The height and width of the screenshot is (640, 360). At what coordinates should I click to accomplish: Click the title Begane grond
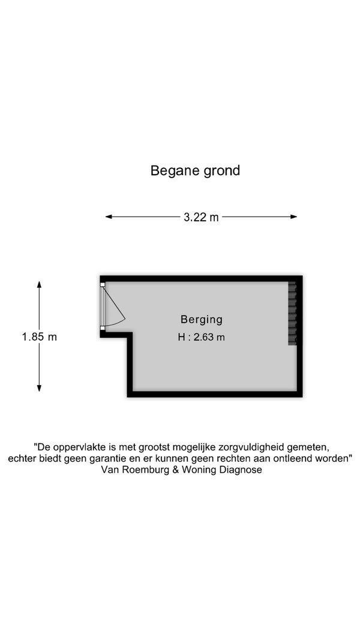pyautogui.click(x=195, y=170)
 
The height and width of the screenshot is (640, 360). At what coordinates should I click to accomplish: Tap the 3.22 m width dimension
pyautogui.click(x=201, y=217)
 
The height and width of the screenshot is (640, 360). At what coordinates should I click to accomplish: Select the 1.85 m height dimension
pyautogui.click(x=39, y=336)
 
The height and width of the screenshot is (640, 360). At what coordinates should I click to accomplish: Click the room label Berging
pyautogui.click(x=202, y=319)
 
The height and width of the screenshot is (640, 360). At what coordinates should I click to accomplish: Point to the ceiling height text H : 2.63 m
pyautogui.click(x=202, y=337)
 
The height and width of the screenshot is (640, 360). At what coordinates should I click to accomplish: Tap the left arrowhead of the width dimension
pyautogui.click(x=109, y=217)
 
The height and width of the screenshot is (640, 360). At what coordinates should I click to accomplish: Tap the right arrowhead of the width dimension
pyautogui.click(x=293, y=217)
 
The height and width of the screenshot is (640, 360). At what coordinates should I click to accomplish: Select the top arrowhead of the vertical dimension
pyautogui.click(x=39, y=284)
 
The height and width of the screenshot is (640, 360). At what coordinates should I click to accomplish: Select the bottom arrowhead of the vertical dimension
pyautogui.click(x=39, y=388)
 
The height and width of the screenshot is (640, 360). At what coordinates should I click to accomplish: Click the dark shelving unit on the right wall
pyautogui.click(x=292, y=314)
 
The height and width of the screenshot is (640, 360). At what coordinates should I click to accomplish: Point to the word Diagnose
pyautogui.click(x=241, y=470)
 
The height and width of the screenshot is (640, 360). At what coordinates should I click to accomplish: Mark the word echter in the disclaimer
pyautogui.click(x=20, y=458)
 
